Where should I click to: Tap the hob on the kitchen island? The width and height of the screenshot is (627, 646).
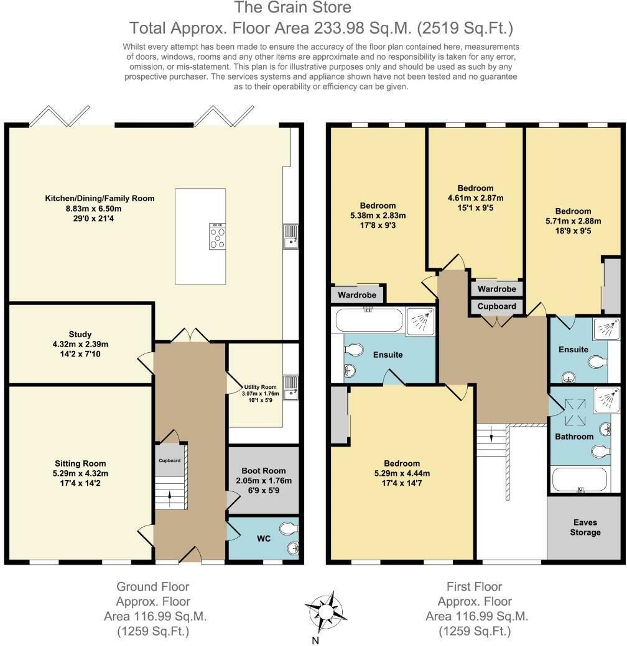tap(217, 237)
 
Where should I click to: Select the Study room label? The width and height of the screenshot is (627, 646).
tap(80, 334)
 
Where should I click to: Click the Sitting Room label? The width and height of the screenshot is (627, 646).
tap(80, 463)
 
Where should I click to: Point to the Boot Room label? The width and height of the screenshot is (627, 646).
tap(264, 470)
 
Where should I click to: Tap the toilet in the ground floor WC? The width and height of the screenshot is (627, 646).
tap(289, 528)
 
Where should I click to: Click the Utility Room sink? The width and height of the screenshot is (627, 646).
tap(290, 388)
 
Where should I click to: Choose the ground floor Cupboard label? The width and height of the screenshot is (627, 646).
tap(170, 460)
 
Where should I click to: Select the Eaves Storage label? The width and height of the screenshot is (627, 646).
tap(585, 527)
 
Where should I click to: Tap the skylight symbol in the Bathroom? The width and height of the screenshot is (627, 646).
tap(575, 412)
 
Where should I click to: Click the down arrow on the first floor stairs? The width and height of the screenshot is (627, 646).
tap(491, 435)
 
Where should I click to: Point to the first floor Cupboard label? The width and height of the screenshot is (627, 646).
tap(496, 306)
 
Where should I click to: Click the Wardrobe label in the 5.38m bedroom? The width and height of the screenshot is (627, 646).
tap(357, 295)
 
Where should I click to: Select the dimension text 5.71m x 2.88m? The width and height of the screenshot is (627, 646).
tap(573, 221)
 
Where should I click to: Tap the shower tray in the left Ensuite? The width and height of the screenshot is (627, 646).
tap(420, 321)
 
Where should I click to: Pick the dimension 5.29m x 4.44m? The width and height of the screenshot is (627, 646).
tap(402, 473)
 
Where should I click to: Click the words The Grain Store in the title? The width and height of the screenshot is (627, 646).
tap(293, 7)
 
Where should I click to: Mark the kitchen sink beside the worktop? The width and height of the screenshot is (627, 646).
tap(290, 237)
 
